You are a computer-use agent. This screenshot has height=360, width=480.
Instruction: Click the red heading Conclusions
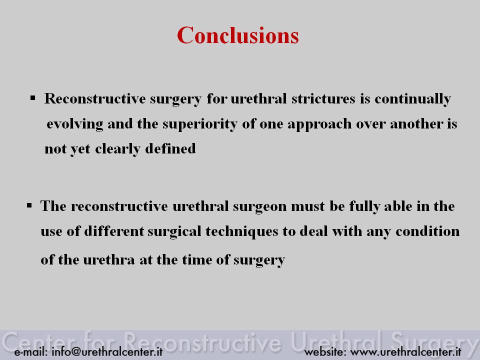238,35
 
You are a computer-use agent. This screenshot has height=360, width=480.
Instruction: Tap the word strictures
323,98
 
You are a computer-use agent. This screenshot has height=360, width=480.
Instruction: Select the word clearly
118,149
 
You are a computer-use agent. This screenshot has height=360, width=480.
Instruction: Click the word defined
170,148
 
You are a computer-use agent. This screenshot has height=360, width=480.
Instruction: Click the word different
114,231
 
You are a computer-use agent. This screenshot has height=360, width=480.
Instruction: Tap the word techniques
242,231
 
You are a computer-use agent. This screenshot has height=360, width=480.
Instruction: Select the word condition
427,231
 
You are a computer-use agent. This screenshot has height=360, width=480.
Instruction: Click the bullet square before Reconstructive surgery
33,98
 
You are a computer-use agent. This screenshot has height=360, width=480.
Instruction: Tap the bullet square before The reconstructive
29,205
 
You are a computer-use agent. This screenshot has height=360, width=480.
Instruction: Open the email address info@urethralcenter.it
107,351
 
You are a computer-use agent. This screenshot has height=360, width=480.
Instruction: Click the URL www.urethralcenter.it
405,351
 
